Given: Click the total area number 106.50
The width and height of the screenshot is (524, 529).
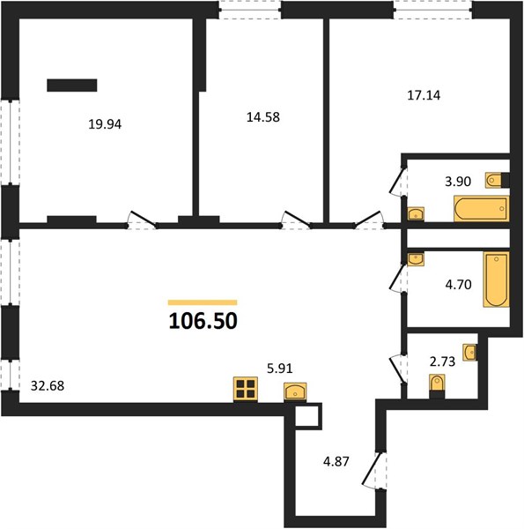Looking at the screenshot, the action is coord(203,321).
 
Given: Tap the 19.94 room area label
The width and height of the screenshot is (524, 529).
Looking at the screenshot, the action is coord(105,124).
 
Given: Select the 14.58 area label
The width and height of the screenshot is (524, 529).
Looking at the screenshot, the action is coord(263,117).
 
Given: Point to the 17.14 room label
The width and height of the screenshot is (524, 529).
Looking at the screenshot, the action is coord(424,95).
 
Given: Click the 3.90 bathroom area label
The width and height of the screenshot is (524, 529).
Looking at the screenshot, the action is coord(458,182).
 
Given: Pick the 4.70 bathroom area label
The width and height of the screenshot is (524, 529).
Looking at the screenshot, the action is coord(458,285).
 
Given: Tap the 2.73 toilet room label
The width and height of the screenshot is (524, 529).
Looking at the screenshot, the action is coord(442,361).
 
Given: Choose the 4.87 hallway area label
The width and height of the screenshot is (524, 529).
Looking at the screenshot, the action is coord(336,461).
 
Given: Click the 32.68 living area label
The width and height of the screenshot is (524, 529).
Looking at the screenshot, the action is coord(48,385).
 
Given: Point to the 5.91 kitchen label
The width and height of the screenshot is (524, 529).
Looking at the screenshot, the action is coord(280,369).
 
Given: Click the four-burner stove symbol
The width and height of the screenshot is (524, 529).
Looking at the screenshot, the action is coord(246,390).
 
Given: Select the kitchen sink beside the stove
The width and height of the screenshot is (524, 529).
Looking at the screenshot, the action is coord(295,391).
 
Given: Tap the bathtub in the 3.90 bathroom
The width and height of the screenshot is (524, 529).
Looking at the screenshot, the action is coord(481,208).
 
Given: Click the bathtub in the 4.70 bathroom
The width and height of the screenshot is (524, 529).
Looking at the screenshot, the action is coord(496,279).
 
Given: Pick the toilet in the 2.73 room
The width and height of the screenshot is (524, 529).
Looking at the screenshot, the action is coord(437,386).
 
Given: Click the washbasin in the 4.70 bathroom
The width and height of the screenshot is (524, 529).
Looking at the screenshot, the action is coord(416,259).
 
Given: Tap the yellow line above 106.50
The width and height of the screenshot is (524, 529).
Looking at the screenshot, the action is coord(203,302).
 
